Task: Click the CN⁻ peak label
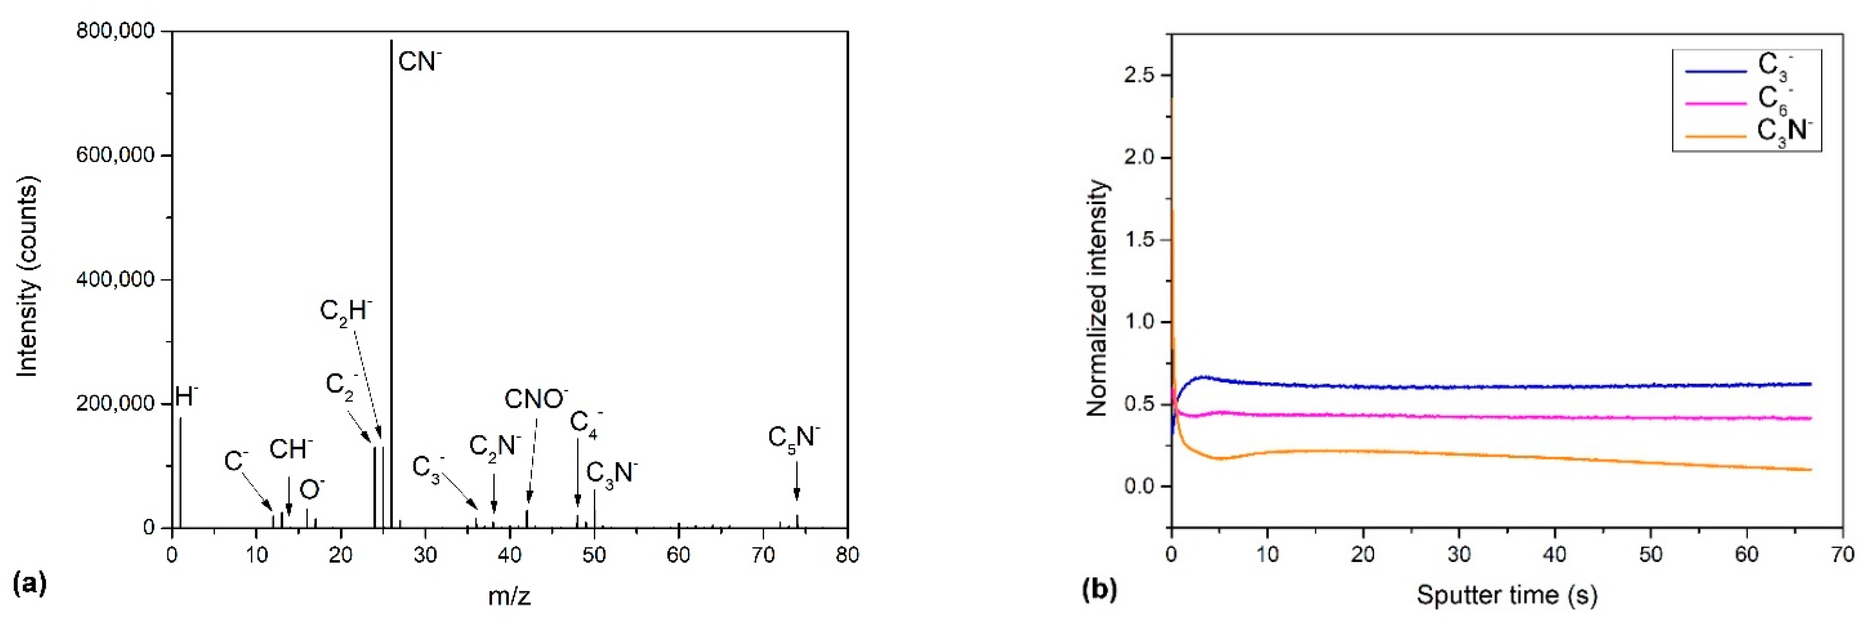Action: [x=419, y=62]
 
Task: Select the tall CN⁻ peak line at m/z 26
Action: [x=392, y=291]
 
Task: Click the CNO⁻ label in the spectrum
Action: [x=535, y=399]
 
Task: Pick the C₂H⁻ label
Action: [x=345, y=312]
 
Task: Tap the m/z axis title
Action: [x=509, y=597]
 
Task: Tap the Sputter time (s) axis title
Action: [x=1506, y=595]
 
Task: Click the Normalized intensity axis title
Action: [x=1097, y=298]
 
